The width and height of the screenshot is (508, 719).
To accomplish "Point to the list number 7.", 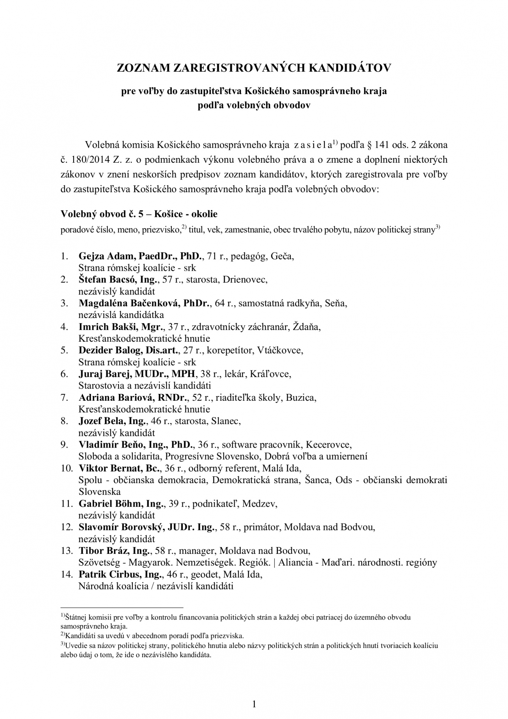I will [x=64, y=397].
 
